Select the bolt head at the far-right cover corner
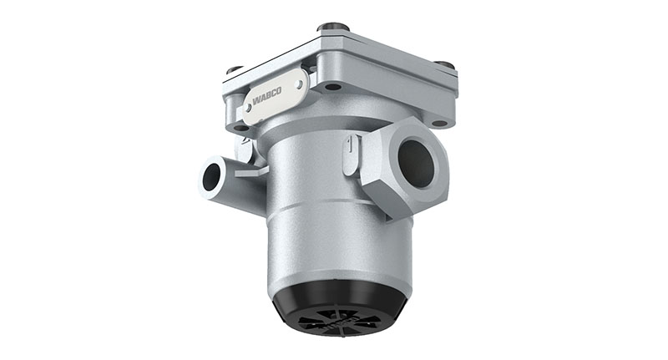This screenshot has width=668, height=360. pos(445,65)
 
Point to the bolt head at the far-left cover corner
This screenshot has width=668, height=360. pos(235,70)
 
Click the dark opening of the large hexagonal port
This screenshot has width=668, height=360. pos(416,163)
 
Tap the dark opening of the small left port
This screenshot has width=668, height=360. pos(211,176)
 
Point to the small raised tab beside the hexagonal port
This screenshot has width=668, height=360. pos(350,154)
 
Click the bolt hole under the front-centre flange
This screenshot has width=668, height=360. pos(333,86)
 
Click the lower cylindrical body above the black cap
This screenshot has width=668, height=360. pos(338,242)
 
